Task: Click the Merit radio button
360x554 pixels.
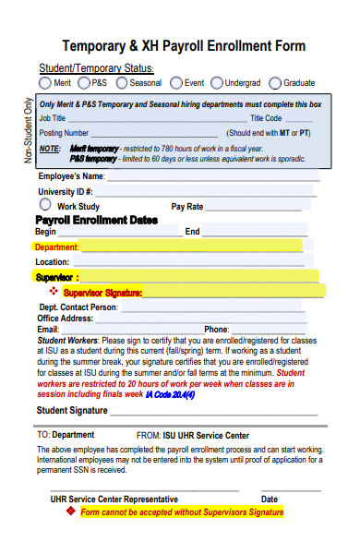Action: click(x=45, y=82)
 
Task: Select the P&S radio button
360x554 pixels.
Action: click(x=86, y=82)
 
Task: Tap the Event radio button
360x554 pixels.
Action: click(x=176, y=82)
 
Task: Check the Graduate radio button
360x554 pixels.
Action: click(x=276, y=82)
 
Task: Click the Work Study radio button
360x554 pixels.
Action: click(x=45, y=205)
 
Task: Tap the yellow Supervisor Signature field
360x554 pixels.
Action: click(x=231, y=292)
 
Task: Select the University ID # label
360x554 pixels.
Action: click(x=65, y=191)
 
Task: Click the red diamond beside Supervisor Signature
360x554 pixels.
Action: click(x=53, y=291)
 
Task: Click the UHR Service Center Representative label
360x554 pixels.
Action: click(x=114, y=499)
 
